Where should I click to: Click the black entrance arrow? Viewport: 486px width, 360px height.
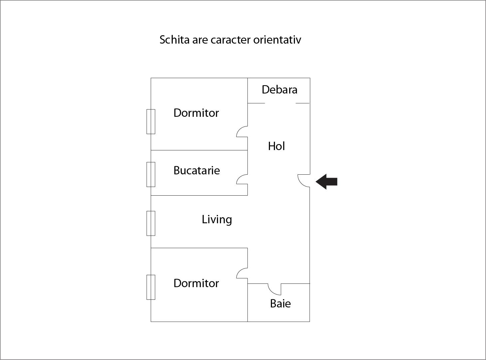pyautogui.click(x=326, y=182)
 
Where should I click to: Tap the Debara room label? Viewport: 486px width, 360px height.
pyautogui.click(x=279, y=90)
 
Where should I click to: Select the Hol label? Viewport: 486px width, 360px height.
pyautogui.click(x=276, y=146)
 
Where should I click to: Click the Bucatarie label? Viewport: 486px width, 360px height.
pyautogui.click(x=196, y=170)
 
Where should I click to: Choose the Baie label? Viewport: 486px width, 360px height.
pyautogui.click(x=280, y=304)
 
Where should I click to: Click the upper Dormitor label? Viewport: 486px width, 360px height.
pyautogui.click(x=196, y=113)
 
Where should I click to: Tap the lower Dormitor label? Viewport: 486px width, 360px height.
pyautogui.click(x=196, y=283)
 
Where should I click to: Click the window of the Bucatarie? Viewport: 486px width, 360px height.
pyautogui.click(x=151, y=174)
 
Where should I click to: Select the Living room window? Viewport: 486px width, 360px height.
pyautogui.click(x=151, y=223)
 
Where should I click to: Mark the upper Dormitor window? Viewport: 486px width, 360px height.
pyautogui.click(x=151, y=121)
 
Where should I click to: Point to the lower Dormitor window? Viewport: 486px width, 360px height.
pyautogui.click(x=151, y=287)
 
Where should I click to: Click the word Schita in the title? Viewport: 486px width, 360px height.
pyautogui.click(x=174, y=40)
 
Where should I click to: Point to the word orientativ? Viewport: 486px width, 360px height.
pyautogui.click(x=277, y=40)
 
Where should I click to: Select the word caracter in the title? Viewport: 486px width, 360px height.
pyautogui.click(x=230, y=40)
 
